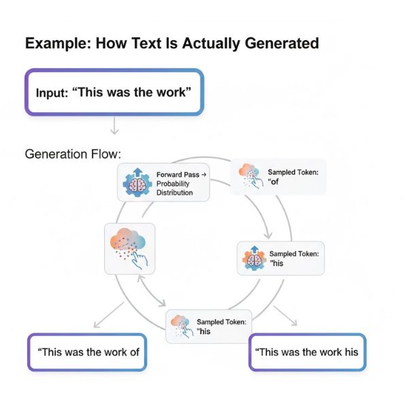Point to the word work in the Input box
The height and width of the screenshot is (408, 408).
click(167, 92)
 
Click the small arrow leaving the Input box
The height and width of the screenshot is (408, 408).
click(114, 124)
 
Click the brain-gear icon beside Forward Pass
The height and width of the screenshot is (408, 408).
click(135, 182)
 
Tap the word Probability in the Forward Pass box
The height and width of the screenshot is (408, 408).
click(173, 184)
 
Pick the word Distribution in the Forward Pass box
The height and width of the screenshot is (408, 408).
click(175, 193)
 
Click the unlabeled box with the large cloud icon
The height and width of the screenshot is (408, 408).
click(129, 248)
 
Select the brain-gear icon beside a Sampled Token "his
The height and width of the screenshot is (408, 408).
click(253, 258)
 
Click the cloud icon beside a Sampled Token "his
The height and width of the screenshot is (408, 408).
click(180, 325)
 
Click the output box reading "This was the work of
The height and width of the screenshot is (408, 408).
click(87, 352)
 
